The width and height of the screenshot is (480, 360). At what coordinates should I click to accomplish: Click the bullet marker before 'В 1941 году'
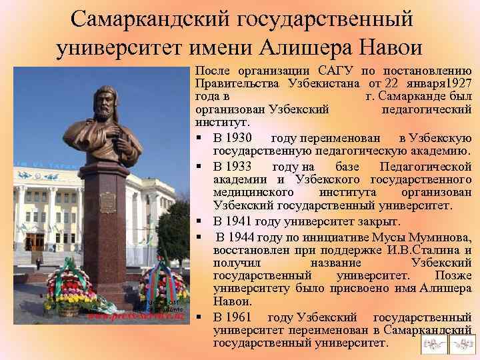(x=200, y=221)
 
